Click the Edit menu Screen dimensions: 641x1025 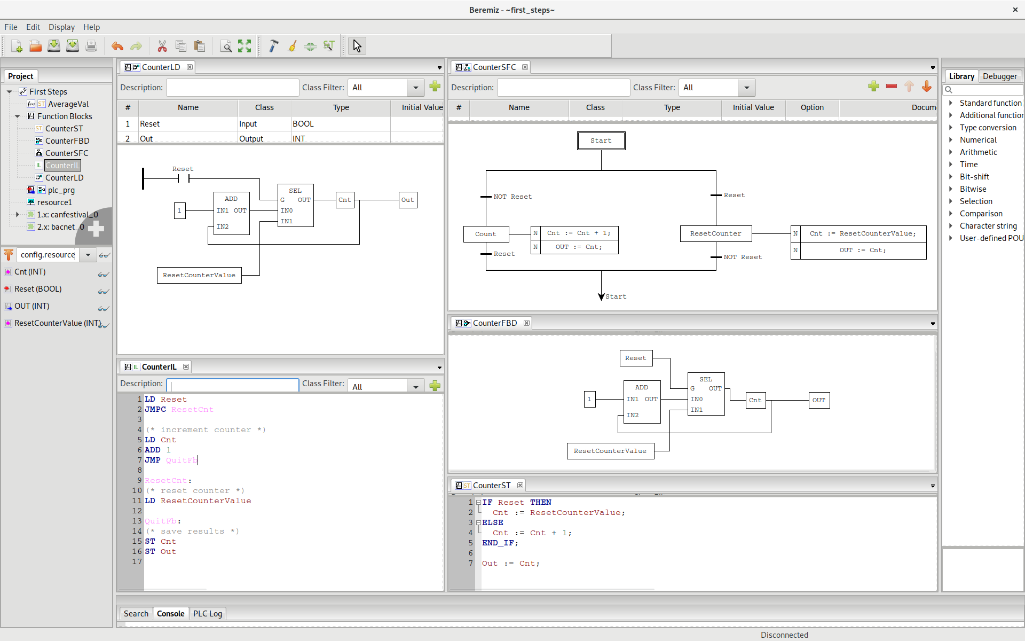(33, 27)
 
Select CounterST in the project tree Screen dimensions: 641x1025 (64, 129)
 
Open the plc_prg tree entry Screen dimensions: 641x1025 (61, 190)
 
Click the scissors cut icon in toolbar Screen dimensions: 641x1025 (162, 46)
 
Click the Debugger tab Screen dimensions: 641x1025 (999, 76)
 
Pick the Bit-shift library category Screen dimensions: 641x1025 (974, 177)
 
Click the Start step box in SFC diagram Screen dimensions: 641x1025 (601, 140)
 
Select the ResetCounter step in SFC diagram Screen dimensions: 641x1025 (715, 233)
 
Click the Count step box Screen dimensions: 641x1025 (485, 234)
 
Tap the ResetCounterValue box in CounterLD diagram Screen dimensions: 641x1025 (199, 275)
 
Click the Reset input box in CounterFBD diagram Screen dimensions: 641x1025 (635, 358)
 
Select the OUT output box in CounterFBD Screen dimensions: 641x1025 (818, 400)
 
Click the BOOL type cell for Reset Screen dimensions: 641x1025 (303, 124)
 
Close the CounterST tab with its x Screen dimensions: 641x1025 (520, 485)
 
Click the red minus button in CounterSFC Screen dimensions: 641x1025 (891, 87)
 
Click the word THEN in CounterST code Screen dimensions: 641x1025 (540, 503)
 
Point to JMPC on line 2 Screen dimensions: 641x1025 (155, 410)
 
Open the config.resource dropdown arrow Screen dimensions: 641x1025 (88, 255)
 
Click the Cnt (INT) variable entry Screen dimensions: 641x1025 (30, 272)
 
